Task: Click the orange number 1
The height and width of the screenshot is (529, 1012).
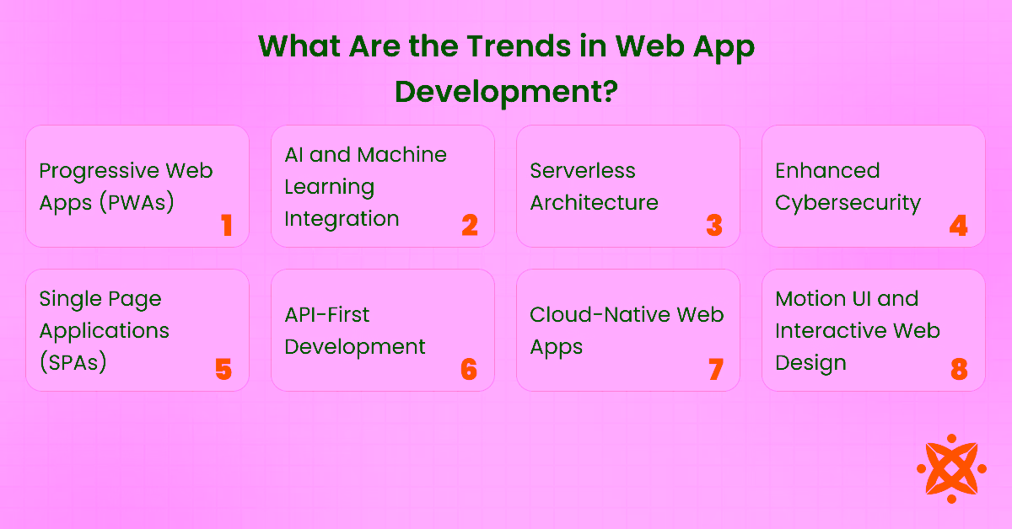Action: point(226,225)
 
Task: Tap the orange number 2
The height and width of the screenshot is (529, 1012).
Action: point(470,225)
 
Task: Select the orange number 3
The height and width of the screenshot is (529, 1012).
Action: point(714,225)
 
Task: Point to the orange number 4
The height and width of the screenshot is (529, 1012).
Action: point(958,225)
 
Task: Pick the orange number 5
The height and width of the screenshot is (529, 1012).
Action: point(223,369)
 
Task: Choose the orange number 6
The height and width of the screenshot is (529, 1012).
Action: point(469,369)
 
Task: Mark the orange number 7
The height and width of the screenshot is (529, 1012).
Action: point(715,369)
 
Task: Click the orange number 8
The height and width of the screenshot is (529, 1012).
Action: point(959,369)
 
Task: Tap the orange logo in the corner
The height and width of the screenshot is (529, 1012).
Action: point(951,468)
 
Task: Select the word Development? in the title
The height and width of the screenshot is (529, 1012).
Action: point(505,91)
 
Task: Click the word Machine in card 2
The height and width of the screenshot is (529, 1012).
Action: point(401,155)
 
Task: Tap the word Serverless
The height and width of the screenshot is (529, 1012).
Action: point(583,171)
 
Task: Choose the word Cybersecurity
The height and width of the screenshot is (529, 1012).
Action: point(848,203)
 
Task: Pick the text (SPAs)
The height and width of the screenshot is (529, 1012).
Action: point(73,363)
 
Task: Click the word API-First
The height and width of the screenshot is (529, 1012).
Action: point(327,315)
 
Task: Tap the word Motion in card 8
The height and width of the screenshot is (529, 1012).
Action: point(810,299)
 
